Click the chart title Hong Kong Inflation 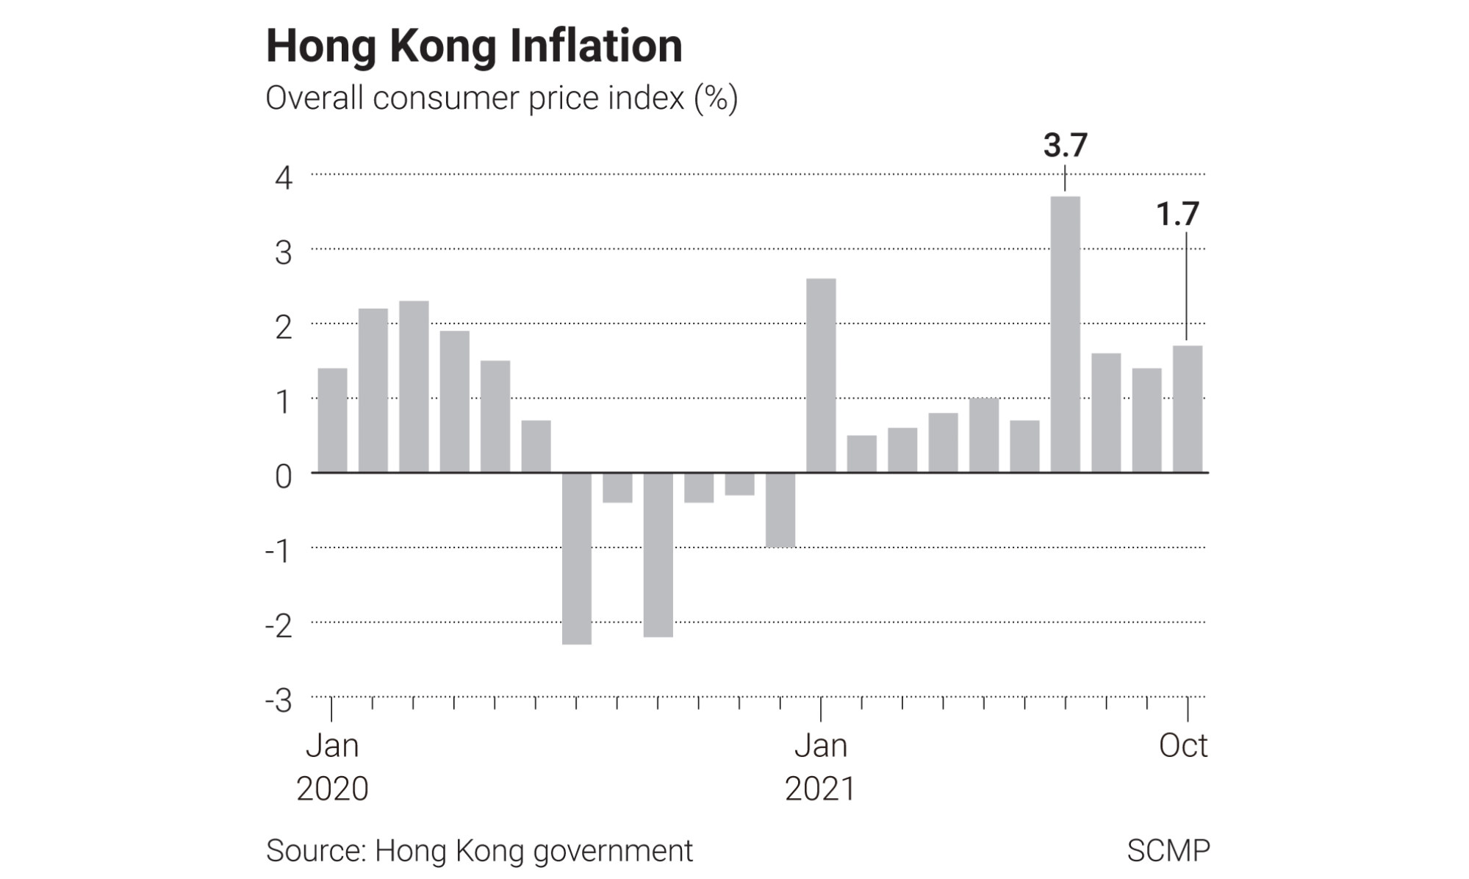[474, 46]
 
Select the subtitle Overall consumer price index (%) [501, 98]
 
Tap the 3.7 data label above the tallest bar [1065, 146]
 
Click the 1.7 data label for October [1177, 214]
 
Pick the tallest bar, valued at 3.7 [1065, 334]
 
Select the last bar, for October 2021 [1187, 409]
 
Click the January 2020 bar [332, 420]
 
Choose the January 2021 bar [821, 375]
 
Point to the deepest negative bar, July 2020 [577, 559]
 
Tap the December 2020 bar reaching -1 [780, 510]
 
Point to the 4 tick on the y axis [284, 178]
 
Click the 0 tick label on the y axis [284, 476]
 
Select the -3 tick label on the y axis [279, 700]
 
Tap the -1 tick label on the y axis [279, 551]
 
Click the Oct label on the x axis [1182, 745]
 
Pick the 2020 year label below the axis [332, 789]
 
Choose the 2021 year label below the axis [820, 789]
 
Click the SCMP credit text [1168, 850]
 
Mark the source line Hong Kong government [479, 850]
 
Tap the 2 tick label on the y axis [284, 327]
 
